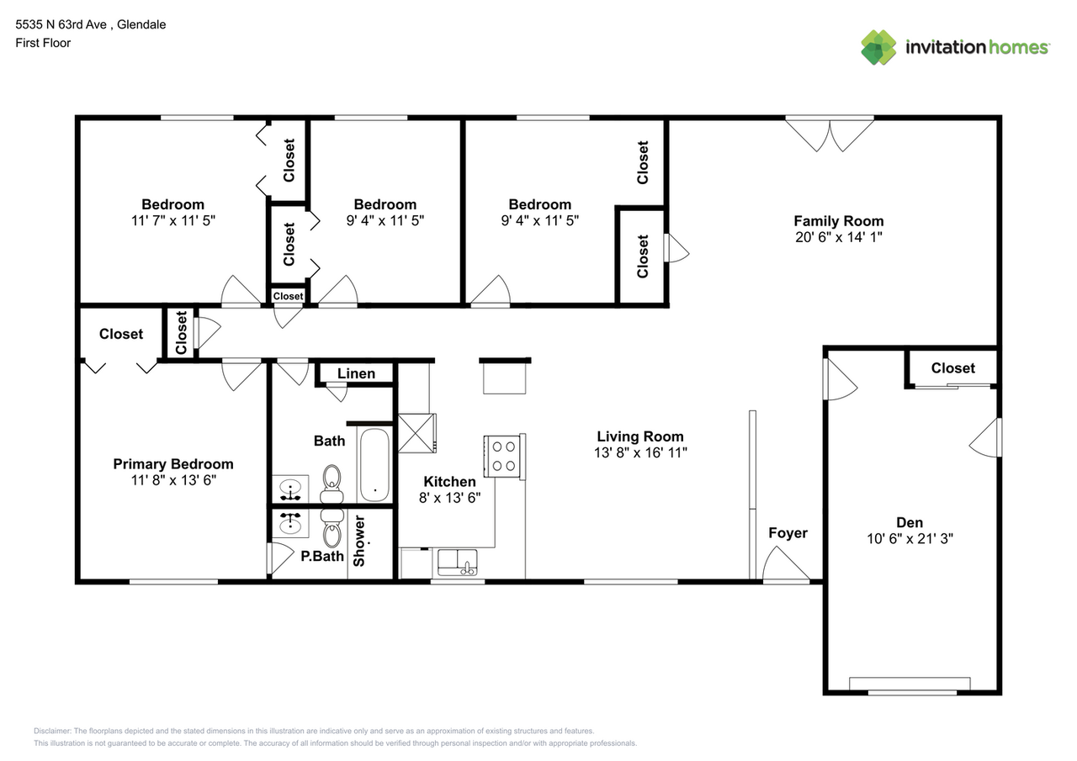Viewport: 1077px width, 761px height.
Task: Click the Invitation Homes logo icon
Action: [x=878, y=47]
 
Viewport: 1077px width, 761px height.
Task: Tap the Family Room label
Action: [x=838, y=221]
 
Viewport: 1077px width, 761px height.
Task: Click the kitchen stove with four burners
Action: [x=504, y=456]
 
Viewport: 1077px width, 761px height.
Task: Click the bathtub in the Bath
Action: [x=374, y=465]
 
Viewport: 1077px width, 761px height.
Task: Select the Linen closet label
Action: [x=356, y=373]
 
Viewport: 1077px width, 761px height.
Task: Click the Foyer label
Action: [x=788, y=532]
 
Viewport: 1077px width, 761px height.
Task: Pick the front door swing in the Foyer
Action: [x=784, y=564]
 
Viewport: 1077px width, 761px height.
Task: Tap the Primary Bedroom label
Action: [x=173, y=464]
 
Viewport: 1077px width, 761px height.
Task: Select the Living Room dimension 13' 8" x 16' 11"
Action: [x=640, y=452]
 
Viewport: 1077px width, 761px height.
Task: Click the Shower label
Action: [x=360, y=540]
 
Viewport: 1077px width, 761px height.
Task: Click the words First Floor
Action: [x=43, y=43]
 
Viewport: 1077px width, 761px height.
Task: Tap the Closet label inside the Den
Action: [x=952, y=368]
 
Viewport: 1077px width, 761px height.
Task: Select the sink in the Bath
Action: [x=290, y=488]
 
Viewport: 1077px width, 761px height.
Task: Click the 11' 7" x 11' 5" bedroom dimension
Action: [x=172, y=220]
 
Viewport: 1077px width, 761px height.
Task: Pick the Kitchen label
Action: [x=449, y=482]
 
